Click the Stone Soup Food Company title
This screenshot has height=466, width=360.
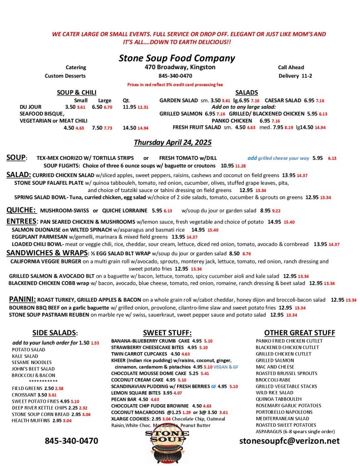[177, 58]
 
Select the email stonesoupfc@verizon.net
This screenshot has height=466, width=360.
[289, 441]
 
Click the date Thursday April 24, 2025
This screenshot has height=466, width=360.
[172, 142]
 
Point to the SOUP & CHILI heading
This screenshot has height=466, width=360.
[76, 92]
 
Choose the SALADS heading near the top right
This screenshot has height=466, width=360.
[247, 92]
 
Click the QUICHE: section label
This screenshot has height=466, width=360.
[21, 210]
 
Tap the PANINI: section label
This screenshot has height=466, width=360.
[22, 299]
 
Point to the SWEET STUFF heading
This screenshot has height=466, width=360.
[167, 333]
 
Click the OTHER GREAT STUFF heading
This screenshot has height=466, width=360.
[299, 333]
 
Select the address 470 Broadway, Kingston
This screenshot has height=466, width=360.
[177, 67]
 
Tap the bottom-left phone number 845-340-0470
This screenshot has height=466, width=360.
[71, 441]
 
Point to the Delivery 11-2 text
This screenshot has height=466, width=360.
[295, 76]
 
